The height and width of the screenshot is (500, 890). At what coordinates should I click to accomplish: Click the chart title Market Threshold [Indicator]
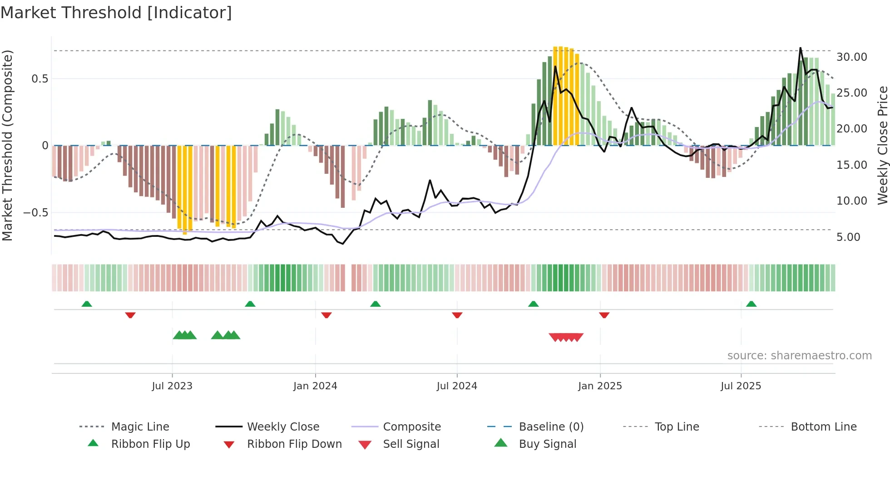click(x=116, y=13)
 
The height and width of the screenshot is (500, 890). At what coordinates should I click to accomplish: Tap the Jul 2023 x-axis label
click(x=172, y=386)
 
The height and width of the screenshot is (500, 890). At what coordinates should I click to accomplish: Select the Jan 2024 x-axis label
click(x=315, y=386)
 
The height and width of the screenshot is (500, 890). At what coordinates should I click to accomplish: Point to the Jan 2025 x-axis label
click(x=600, y=386)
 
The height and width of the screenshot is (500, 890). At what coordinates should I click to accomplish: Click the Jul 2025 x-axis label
click(x=741, y=386)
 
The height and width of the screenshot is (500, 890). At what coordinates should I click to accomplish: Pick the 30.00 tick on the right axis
click(x=851, y=57)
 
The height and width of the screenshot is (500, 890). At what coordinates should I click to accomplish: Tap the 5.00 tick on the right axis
click(x=848, y=237)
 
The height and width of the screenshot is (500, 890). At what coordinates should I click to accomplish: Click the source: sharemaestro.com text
click(x=799, y=356)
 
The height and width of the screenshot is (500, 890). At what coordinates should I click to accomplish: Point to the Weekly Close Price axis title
click(x=882, y=145)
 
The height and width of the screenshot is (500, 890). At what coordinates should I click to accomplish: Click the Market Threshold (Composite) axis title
click(x=7, y=145)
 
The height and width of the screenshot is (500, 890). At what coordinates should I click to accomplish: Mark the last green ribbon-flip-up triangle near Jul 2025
click(x=751, y=304)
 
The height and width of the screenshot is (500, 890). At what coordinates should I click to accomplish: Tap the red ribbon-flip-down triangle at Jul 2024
click(x=457, y=315)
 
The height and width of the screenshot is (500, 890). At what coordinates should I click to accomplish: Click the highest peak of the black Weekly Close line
click(x=800, y=48)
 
